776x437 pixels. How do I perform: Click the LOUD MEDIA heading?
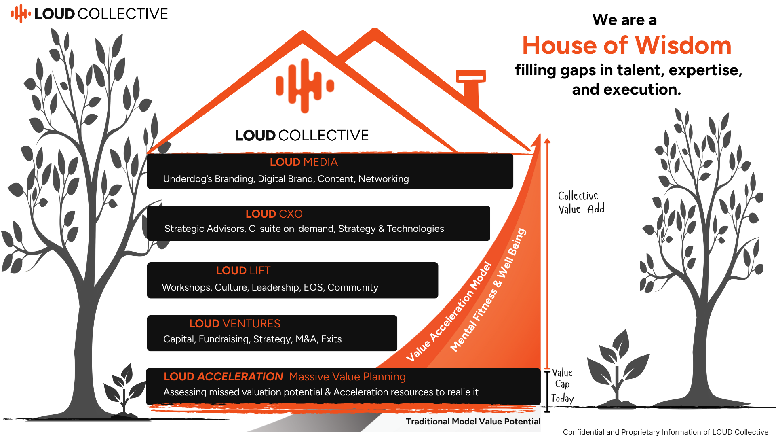pos(304,162)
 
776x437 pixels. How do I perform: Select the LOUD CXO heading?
pos(274,214)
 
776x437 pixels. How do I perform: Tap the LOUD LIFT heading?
pos(243,271)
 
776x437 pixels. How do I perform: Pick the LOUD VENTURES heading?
pos(234,324)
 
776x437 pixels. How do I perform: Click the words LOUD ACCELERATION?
pos(223,377)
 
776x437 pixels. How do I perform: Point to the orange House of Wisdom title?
pos(627,45)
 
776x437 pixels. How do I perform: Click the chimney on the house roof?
pos(471,89)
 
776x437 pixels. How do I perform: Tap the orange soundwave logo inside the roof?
pos(305,86)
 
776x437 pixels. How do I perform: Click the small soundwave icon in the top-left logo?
pos(21,14)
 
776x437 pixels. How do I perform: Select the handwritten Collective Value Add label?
pos(581,202)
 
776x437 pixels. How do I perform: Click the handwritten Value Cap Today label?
pos(562,386)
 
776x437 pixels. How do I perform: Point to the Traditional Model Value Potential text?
pos(473,422)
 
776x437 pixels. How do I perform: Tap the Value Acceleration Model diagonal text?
pos(449,312)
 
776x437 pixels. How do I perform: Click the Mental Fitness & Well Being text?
pos(488,290)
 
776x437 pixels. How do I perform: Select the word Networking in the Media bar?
pos(384,179)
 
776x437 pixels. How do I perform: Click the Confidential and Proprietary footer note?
pos(666,432)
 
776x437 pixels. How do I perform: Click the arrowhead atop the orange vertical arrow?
pos(547,141)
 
